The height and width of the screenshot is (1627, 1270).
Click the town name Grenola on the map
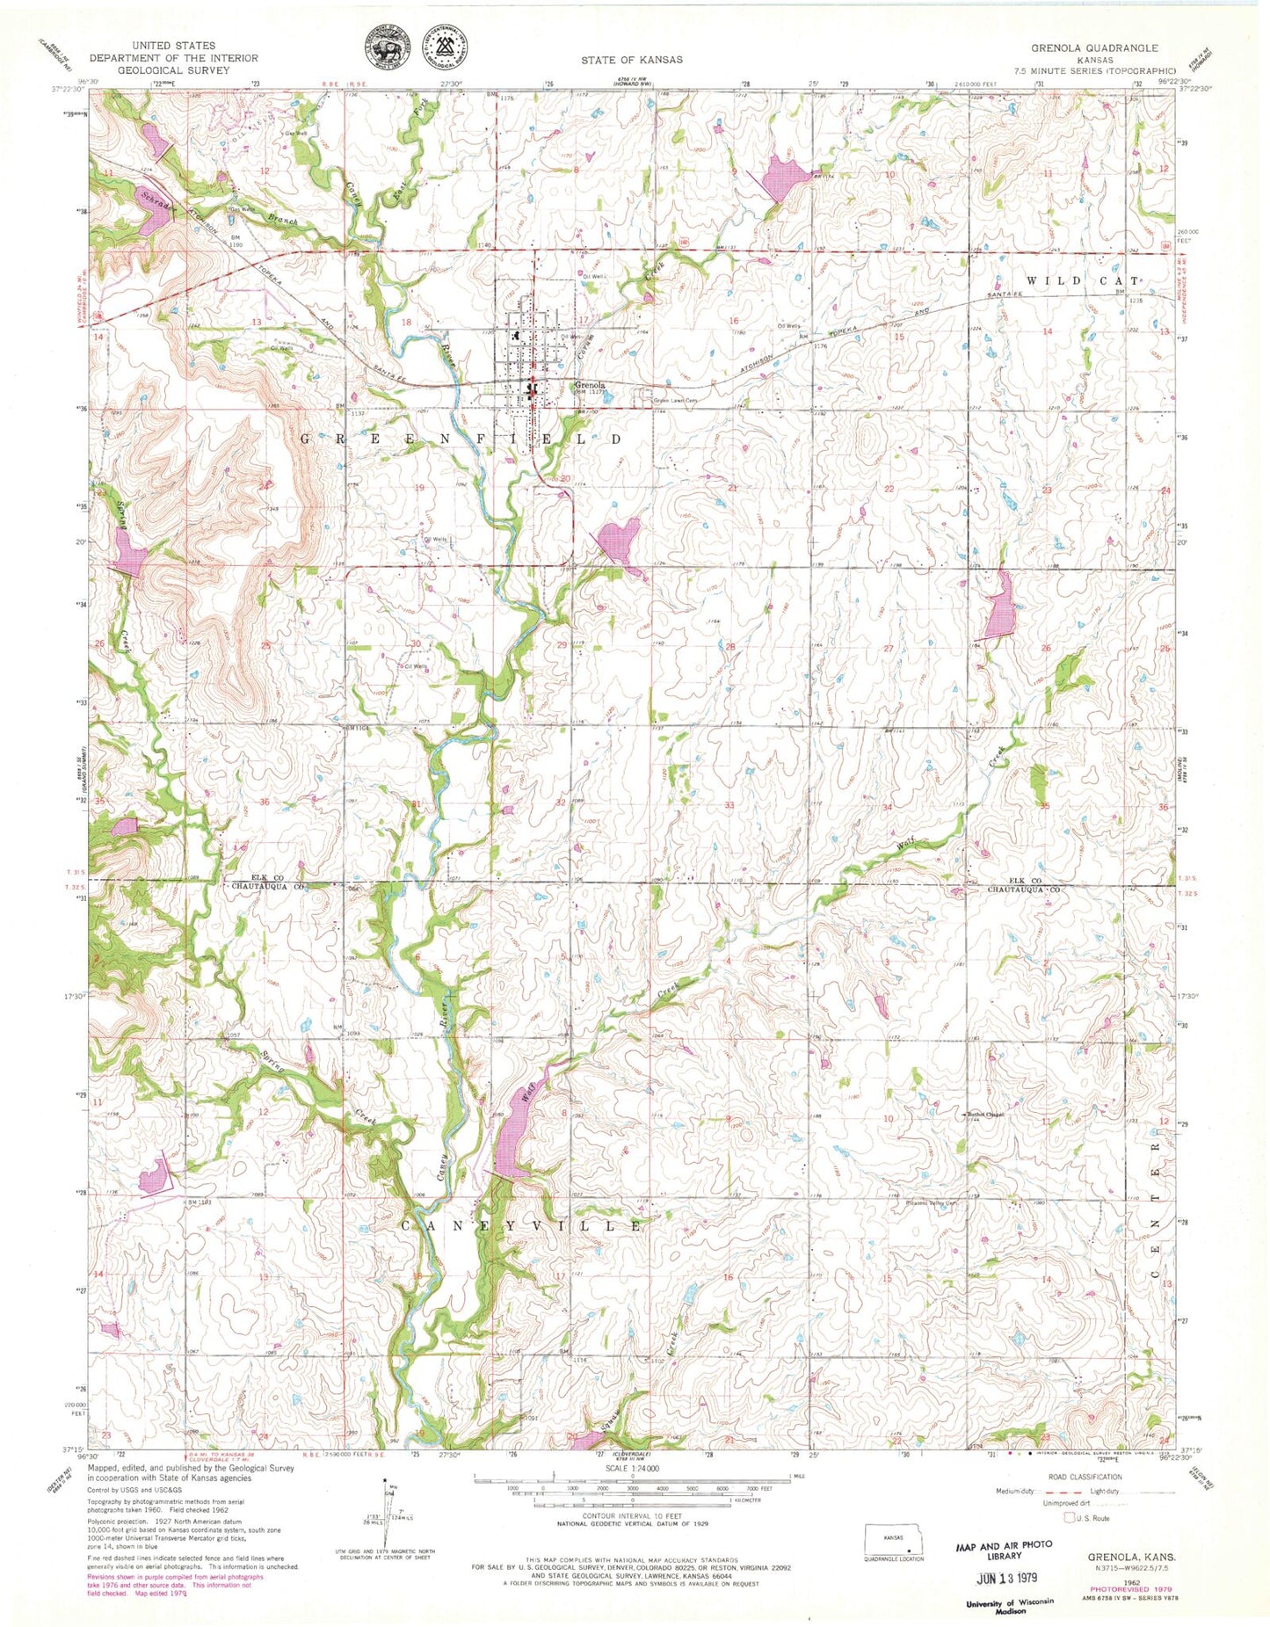point(590,385)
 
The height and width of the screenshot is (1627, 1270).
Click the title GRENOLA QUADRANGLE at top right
point(1108,48)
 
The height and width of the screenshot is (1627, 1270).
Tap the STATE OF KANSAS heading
point(631,60)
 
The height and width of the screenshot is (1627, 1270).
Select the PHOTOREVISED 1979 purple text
point(1128,1588)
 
